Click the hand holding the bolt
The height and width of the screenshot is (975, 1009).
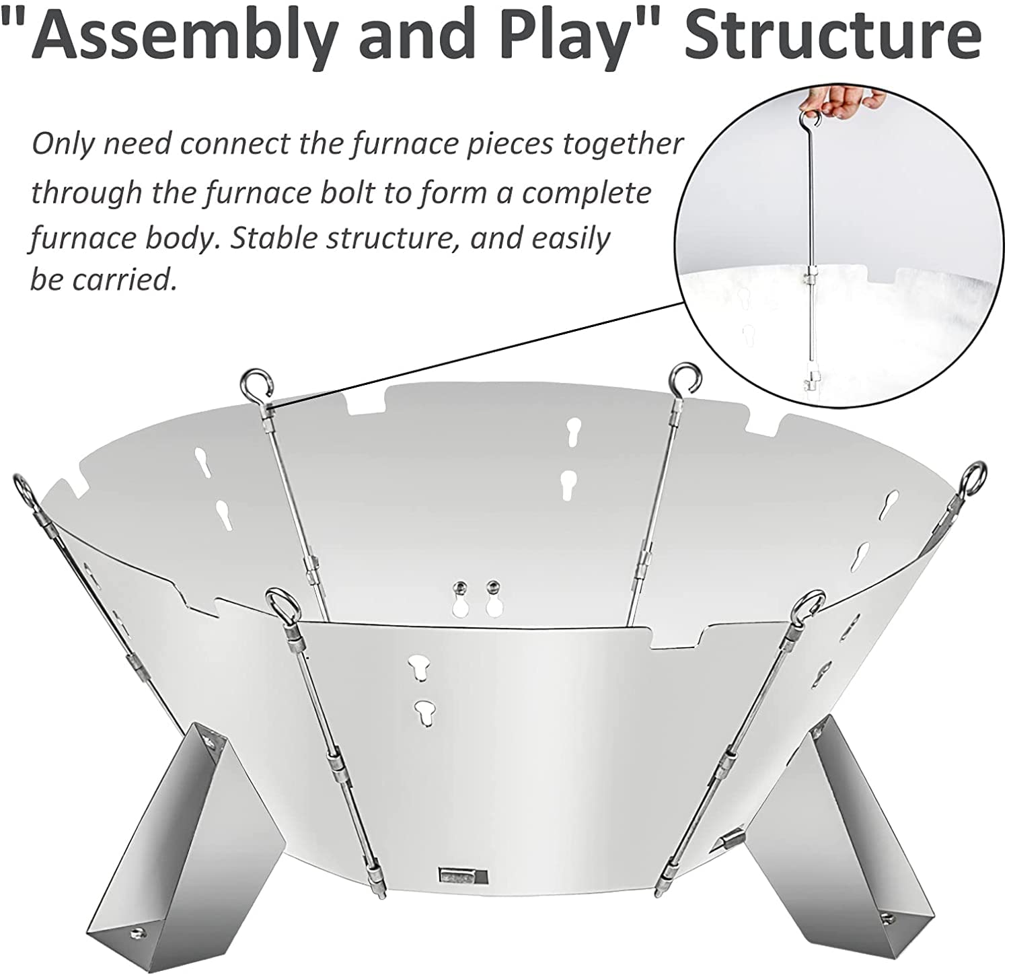[x=841, y=102]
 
